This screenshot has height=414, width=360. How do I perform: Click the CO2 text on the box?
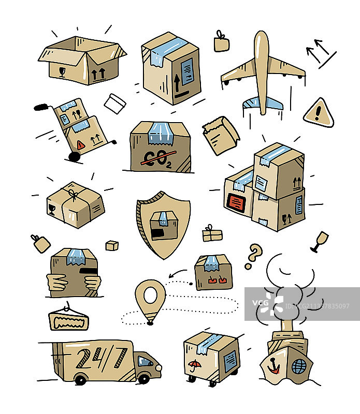tap(156, 157)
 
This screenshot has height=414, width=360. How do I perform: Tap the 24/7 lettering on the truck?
tap(101, 358)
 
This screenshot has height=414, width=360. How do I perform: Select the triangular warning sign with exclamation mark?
tap(319, 113)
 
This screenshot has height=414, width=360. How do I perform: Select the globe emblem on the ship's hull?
tap(299, 366)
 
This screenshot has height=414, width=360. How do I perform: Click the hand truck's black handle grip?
tap(40, 108)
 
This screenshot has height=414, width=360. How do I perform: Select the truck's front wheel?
tap(143, 379)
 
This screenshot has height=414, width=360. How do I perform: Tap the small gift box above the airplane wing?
tap(222, 42)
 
